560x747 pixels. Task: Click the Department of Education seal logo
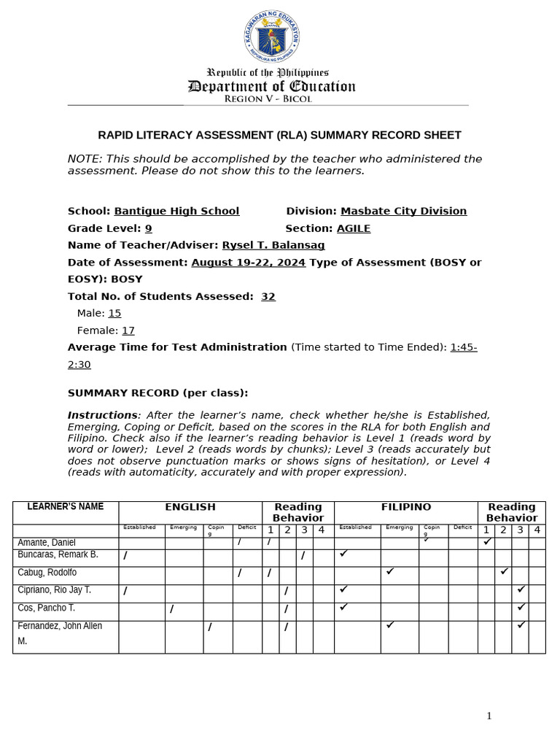(x=271, y=36)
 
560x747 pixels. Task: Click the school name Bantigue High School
(x=176, y=212)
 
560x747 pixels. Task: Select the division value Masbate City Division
(x=403, y=212)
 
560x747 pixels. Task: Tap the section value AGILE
(x=353, y=229)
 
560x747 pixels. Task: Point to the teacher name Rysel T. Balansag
(x=273, y=246)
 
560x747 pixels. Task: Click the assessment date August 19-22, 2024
(x=249, y=263)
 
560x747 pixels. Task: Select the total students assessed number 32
(x=268, y=297)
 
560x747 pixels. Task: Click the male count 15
(x=114, y=314)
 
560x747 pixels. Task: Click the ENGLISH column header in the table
(x=190, y=507)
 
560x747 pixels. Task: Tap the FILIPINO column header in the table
(x=406, y=507)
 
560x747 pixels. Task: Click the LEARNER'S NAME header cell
(x=66, y=507)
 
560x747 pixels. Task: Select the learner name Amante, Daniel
(x=46, y=543)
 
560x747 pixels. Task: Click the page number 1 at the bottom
(x=489, y=716)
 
